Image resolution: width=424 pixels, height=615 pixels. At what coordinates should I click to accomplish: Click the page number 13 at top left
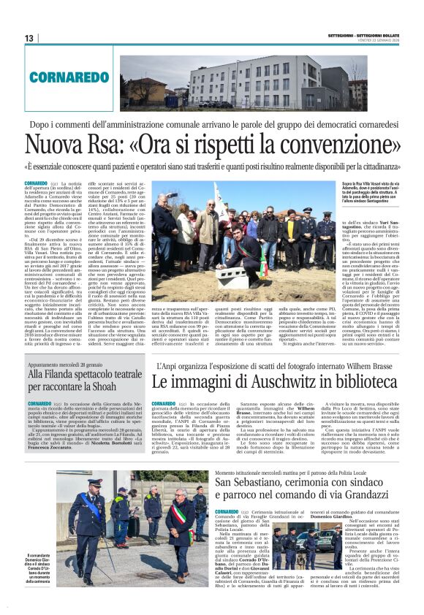[x=29, y=38]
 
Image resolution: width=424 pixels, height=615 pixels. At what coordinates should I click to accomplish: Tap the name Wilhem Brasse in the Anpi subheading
[x=373, y=366]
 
